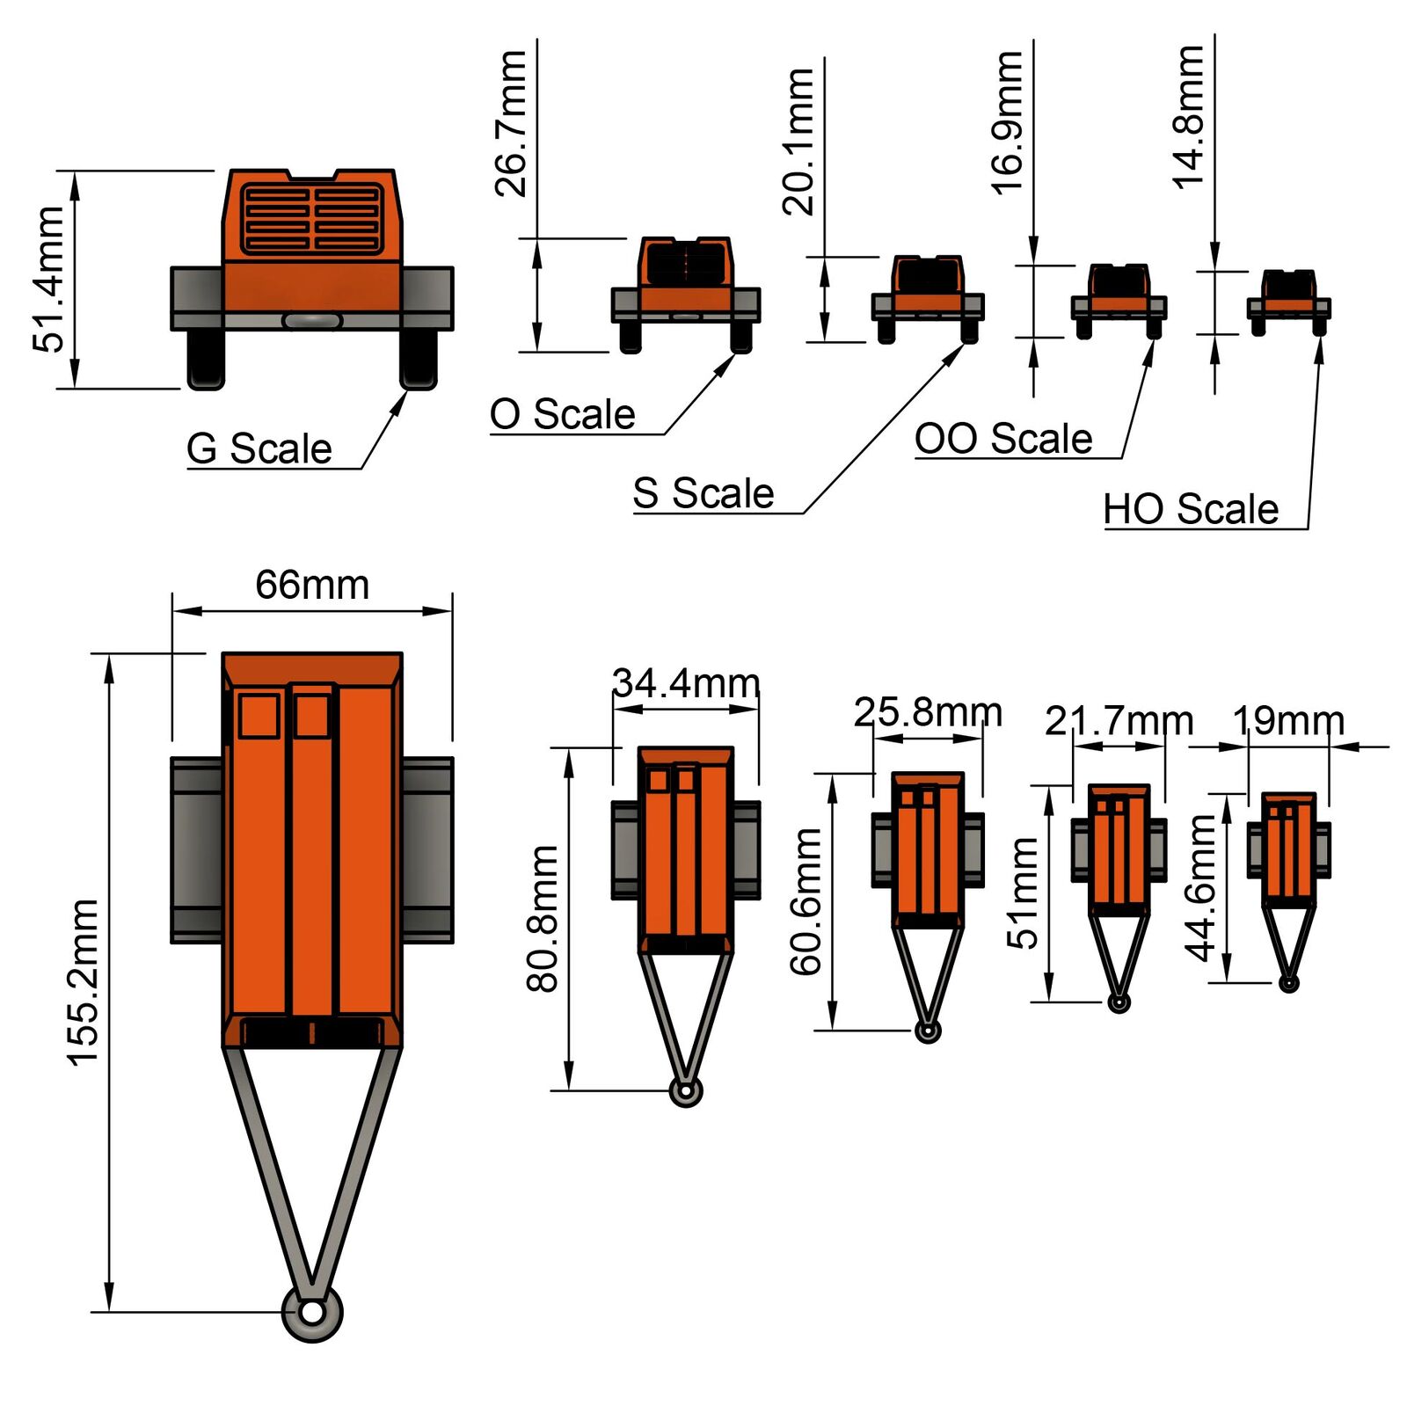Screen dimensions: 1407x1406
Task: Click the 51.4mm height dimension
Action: click(x=48, y=280)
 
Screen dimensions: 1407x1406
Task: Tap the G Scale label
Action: click(x=259, y=448)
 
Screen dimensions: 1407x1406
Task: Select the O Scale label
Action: click(x=563, y=414)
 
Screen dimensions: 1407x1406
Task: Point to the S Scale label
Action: click(x=703, y=493)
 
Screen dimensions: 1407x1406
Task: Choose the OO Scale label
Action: click(x=1003, y=438)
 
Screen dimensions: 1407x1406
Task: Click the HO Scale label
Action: click(x=1191, y=509)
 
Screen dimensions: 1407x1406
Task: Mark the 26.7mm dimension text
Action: click(x=511, y=123)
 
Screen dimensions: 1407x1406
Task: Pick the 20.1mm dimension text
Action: click(x=798, y=142)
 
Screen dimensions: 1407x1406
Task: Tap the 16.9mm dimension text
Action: click(x=1007, y=122)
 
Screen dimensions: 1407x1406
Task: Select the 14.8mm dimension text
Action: click(x=1188, y=117)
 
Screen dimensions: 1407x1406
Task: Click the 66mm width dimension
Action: click(x=312, y=585)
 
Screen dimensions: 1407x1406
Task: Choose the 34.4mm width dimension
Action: click(x=686, y=683)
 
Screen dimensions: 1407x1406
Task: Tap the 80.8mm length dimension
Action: click(x=543, y=918)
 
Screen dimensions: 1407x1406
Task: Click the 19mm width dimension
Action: click(x=1288, y=721)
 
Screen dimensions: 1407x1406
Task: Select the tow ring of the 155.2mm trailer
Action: click(x=312, y=1313)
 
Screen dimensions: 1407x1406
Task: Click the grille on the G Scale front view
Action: click(x=312, y=219)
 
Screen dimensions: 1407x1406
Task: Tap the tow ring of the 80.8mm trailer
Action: click(x=686, y=1091)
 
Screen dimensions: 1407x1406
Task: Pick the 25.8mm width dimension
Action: click(x=928, y=712)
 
